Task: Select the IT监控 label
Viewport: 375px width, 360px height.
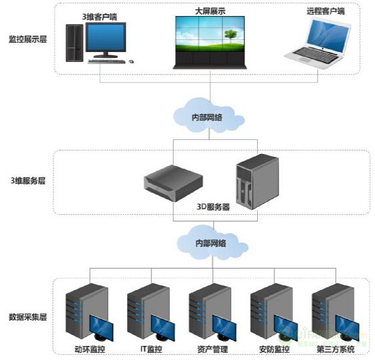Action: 149,349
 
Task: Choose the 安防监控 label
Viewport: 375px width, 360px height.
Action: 273,349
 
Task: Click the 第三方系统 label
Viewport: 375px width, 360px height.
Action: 336,349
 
